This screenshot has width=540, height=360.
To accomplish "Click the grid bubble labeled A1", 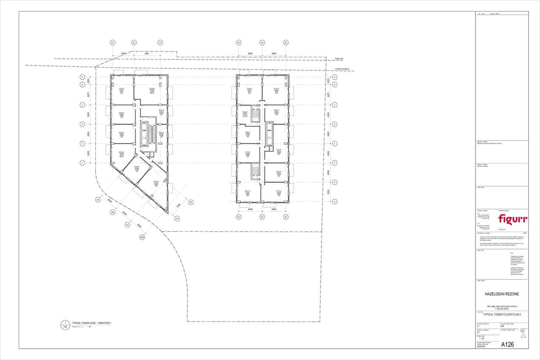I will (113, 43).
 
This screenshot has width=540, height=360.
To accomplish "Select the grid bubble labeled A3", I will (160, 43).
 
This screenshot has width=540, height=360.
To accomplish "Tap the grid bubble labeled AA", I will (98, 200).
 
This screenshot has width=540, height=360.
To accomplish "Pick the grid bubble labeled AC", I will (127, 225).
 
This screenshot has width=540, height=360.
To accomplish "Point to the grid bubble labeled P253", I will (142, 238).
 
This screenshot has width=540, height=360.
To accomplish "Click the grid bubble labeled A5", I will (191, 203).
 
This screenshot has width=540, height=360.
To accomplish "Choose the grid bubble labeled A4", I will (177, 218).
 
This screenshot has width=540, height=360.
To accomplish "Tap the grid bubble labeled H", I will (335, 202).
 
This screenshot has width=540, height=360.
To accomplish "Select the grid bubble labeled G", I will (335, 182).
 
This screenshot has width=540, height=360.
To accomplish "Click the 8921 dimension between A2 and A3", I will (147, 54).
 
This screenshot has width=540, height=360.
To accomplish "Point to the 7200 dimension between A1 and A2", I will (123, 54).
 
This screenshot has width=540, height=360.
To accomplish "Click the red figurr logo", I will (512, 219).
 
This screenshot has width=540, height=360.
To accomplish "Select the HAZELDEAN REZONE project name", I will (502, 294).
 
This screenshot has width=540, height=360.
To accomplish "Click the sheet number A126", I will (508, 345).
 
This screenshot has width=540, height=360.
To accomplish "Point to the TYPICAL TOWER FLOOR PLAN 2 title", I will (502, 315).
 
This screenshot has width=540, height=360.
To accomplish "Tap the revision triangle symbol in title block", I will (524, 336).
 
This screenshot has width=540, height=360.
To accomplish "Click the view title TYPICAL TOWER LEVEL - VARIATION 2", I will (92, 323).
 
